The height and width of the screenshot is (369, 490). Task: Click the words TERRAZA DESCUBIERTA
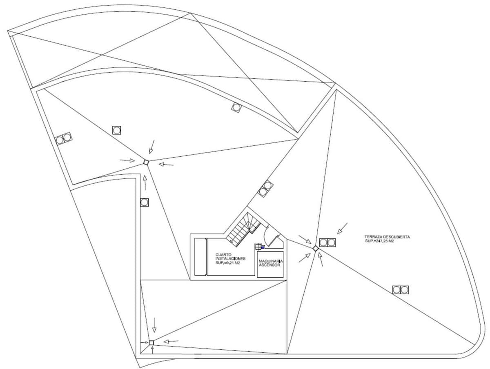pos(387,237)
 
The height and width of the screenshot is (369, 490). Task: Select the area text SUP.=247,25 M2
pos(379,241)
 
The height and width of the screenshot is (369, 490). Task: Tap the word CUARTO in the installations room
pos(223,254)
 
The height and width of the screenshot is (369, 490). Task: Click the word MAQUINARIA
pos(271,260)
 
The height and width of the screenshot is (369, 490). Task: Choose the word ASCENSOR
pos(269,265)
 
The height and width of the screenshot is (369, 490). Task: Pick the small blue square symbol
pos(263,247)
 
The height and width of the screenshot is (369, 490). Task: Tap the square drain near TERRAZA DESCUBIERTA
pos(316,248)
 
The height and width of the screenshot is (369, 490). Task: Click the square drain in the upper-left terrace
pos(146,163)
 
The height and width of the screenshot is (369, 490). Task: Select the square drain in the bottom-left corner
pos(151,342)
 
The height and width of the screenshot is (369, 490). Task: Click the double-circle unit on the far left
pos(63,138)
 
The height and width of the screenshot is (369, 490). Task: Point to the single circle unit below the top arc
pos(236,108)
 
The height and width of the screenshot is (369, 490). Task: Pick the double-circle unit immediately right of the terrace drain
pos(327,242)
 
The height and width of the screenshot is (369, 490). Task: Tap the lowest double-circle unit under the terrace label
pos(400,290)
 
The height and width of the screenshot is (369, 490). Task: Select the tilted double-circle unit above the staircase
pos(265,188)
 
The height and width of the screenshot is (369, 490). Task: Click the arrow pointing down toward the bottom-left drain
pos(154,325)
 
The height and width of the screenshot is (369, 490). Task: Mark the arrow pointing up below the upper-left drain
pos(145,182)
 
